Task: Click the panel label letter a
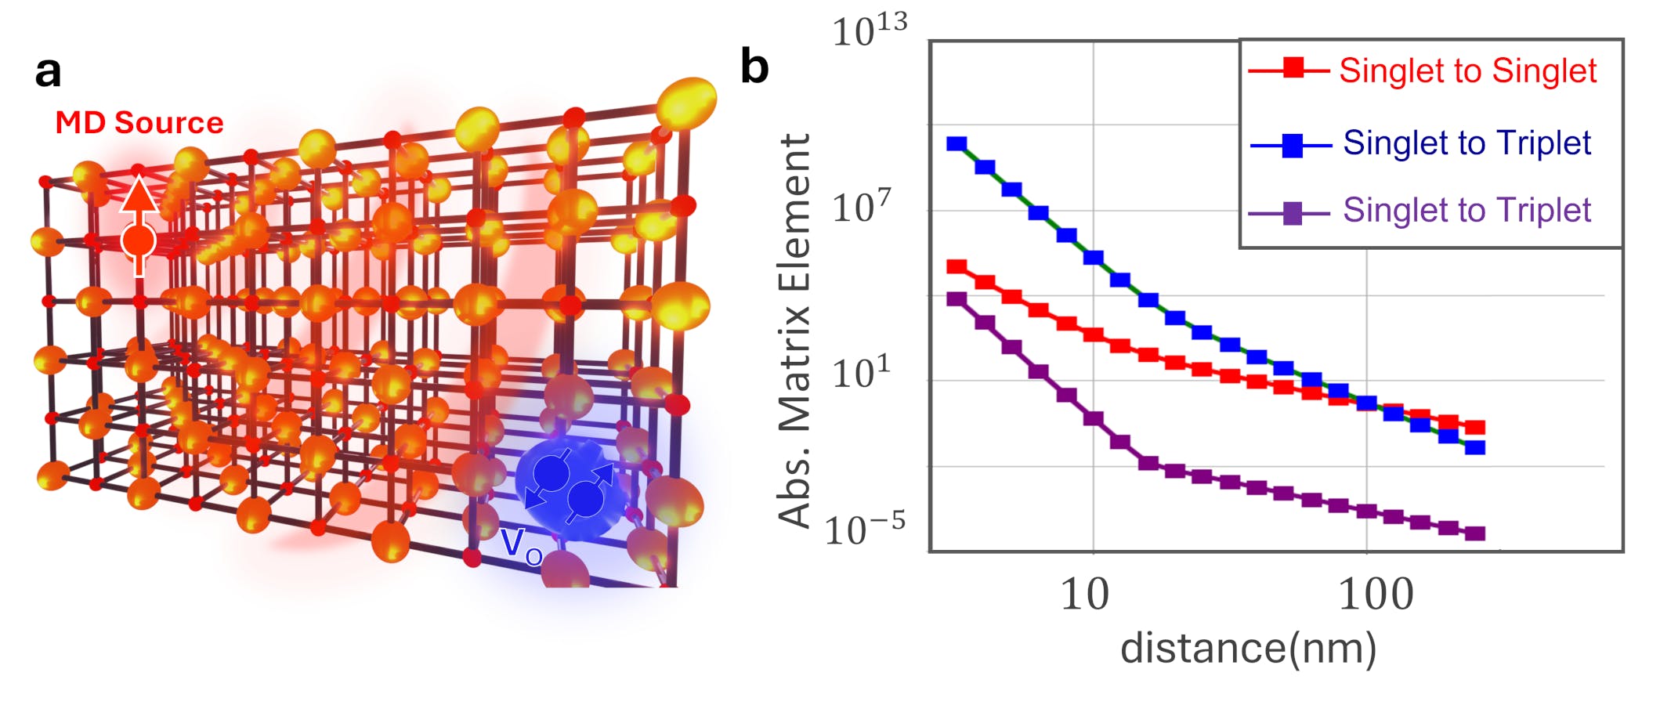click(48, 72)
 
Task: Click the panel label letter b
click(754, 67)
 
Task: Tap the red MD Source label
click(139, 123)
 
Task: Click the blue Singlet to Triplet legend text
click(1467, 143)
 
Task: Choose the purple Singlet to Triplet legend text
click(1467, 211)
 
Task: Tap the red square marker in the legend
click(1293, 69)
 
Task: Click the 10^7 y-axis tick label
click(862, 208)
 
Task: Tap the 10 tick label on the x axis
click(1084, 595)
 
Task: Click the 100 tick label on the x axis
click(1376, 595)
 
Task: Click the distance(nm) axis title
click(1248, 649)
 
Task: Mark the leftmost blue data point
click(957, 144)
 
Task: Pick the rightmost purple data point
click(1475, 533)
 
